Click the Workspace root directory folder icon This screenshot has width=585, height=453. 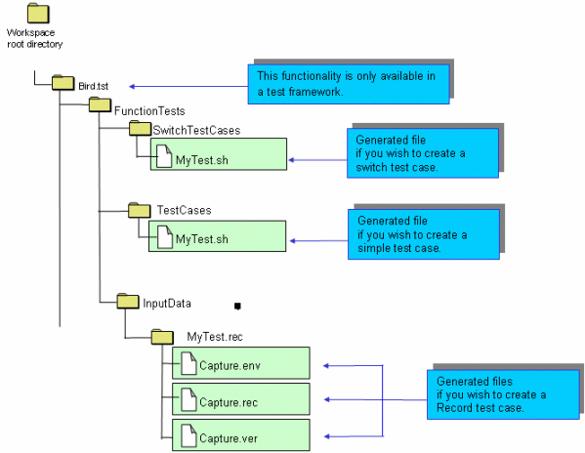[x=38, y=14]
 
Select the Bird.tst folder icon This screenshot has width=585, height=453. [x=63, y=83]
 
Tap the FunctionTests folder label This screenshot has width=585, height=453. [x=149, y=111]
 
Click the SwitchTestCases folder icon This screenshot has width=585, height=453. [x=140, y=128]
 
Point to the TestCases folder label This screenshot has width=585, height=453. [x=184, y=210]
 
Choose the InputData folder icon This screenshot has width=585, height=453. [x=128, y=301]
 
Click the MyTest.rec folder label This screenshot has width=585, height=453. [x=215, y=337]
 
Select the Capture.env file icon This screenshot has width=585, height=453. [x=188, y=363]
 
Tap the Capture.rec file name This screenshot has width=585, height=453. [x=229, y=402]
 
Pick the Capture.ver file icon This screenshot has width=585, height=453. [x=188, y=435]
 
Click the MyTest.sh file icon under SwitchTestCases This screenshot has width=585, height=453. [x=164, y=156]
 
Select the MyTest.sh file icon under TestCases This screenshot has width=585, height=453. [x=165, y=237]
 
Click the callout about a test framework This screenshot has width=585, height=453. [x=349, y=84]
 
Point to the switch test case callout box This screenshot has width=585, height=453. [x=423, y=153]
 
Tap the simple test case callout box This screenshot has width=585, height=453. [x=424, y=234]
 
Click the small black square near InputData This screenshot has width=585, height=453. [x=237, y=307]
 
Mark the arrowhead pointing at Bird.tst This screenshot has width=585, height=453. [x=132, y=87]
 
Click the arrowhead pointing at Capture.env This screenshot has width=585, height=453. [x=326, y=366]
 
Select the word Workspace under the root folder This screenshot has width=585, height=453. [x=30, y=33]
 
